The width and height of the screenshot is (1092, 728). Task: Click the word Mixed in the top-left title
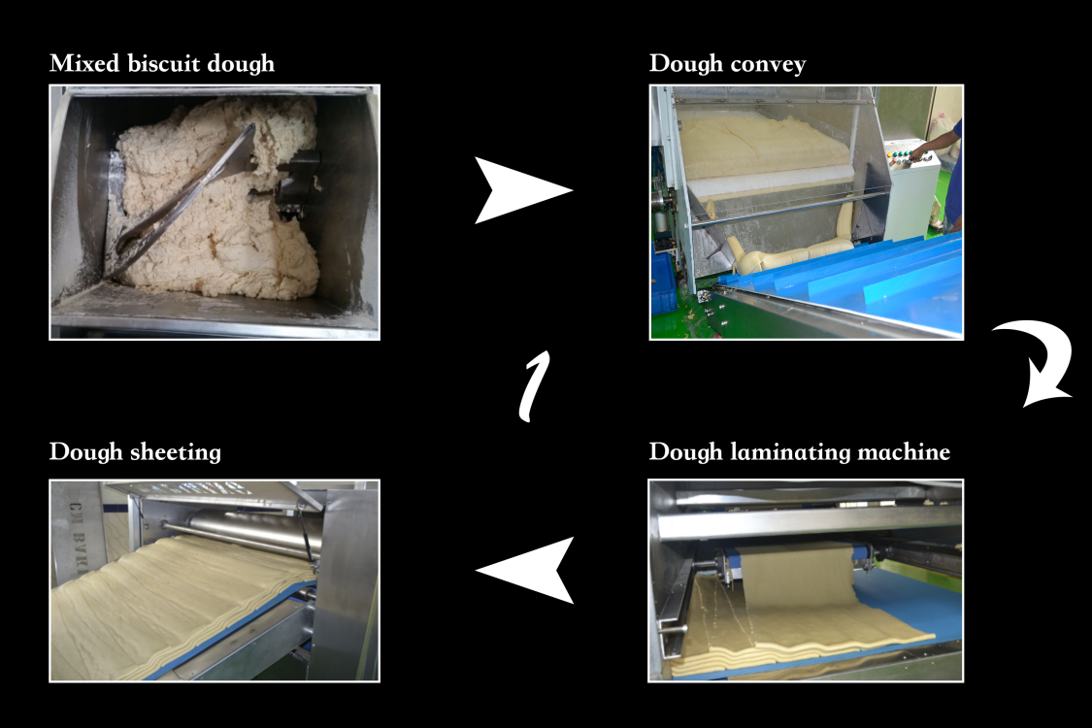tap(79, 64)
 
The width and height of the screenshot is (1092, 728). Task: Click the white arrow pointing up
tap(533, 386)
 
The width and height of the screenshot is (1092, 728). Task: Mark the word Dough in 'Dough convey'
tap(684, 65)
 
